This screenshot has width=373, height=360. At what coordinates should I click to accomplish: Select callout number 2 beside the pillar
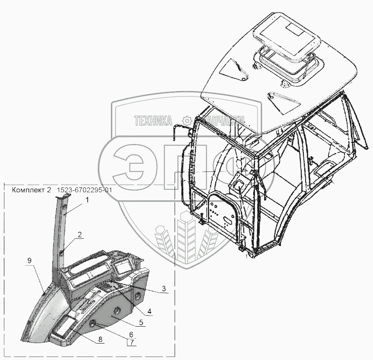click(x=80, y=235)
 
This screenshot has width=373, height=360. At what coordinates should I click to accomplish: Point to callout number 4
click(x=149, y=310)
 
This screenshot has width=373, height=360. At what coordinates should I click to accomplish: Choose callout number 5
click(x=141, y=322)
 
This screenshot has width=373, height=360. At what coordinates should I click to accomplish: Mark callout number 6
click(x=131, y=334)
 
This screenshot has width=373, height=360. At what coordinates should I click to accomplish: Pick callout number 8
click(x=101, y=340)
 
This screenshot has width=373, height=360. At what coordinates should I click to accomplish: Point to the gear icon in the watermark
click(x=187, y=120)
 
